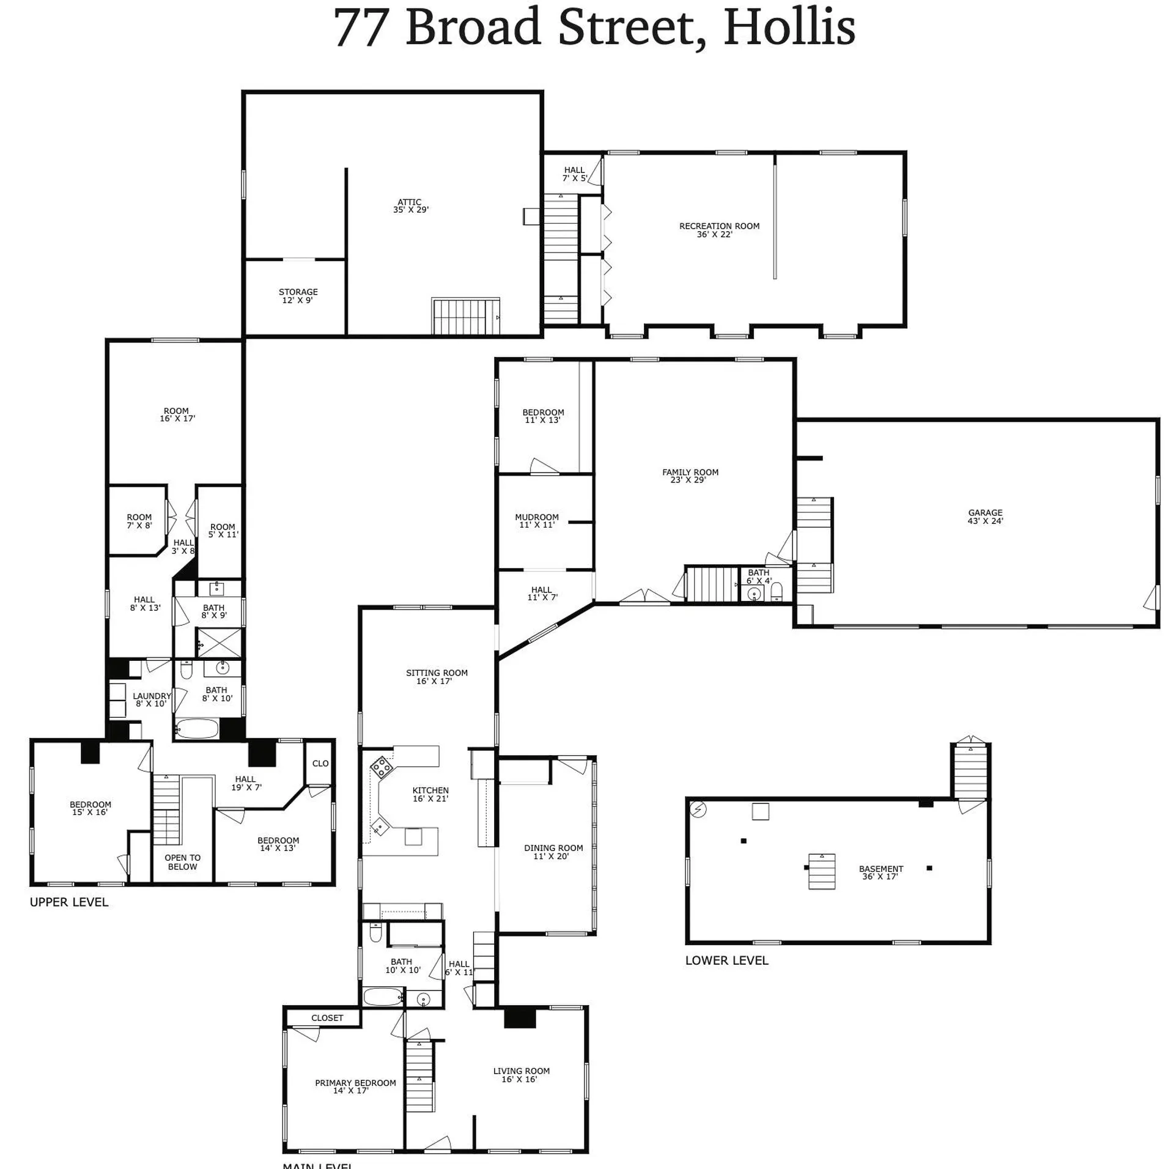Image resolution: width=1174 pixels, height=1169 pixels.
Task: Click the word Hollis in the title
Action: [x=789, y=27]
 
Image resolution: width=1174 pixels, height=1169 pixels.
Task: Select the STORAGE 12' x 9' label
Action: [x=298, y=296]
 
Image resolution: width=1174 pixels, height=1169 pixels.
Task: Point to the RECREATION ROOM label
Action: [x=719, y=230]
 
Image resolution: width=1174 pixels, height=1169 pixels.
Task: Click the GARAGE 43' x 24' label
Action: [x=985, y=517]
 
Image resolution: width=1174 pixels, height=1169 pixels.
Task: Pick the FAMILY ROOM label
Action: [x=690, y=476]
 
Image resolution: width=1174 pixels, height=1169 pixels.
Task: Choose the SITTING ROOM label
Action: [x=436, y=677]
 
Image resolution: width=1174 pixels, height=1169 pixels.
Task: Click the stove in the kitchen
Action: [x=382, y=767]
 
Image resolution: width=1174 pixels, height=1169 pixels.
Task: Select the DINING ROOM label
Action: [x=553, y=852]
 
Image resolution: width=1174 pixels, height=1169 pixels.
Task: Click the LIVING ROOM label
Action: [x=521, y=1075]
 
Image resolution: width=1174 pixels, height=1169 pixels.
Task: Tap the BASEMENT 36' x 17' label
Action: [x=880, y=872]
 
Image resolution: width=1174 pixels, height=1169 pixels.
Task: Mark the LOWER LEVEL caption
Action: [x=726, y=961]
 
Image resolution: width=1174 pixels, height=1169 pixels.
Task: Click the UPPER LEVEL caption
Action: [x=69, y=902]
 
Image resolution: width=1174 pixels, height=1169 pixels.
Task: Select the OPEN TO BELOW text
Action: [x=182, y=862]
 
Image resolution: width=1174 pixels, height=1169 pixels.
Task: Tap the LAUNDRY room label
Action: [x=152, y=699]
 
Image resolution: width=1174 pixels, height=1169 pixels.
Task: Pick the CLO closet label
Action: [x=320, y=764]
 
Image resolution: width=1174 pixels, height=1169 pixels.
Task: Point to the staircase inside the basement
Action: [x=822, y=871]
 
